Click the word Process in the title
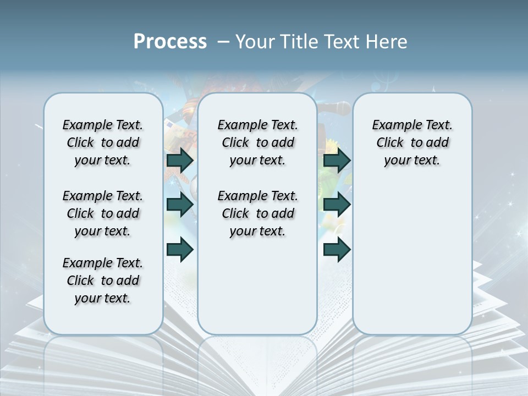[x=170, y=42]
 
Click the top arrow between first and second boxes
[x=180, y=160]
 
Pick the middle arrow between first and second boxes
[x=180, y=205]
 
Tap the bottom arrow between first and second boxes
[x=180, y=249]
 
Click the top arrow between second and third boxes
[x=337, y=160]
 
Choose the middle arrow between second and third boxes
[x=337, y=205]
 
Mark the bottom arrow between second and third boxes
[x=337, y=249]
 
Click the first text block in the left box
[x=103, y=142]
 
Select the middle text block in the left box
[x=103, y=213]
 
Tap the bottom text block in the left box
[x=103, y=280]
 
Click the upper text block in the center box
[x=257, y=142]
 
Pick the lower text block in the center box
[x=257, y=213]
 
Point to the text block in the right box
[x=412, y=142]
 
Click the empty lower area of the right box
[x=412, y=258]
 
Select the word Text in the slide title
[x=342, y=42]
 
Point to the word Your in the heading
[x=255, y=42]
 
